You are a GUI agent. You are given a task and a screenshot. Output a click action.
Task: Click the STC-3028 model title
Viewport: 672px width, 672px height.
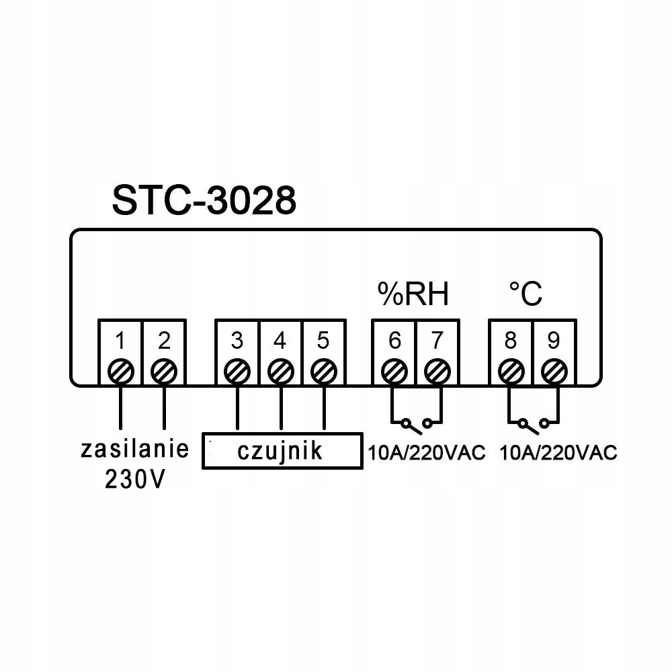204,200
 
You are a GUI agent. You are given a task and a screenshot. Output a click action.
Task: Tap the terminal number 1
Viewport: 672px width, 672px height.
120,341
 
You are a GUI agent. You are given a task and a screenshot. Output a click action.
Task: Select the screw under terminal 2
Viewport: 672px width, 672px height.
164,370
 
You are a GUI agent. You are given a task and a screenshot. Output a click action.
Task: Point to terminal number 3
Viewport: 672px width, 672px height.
237,341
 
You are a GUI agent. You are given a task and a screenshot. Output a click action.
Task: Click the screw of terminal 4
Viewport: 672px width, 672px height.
280,370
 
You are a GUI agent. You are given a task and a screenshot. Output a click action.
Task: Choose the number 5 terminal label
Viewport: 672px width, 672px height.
323,341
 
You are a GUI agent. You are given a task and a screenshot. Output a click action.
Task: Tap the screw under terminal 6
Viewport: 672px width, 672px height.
394,370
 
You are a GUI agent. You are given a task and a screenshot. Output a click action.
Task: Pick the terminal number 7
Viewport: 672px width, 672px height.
437,341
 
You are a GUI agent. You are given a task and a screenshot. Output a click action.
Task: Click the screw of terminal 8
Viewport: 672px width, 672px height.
511,370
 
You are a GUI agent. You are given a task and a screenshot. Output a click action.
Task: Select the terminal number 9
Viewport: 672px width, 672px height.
554,341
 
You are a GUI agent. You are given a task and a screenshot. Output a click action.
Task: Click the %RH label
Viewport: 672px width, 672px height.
412,294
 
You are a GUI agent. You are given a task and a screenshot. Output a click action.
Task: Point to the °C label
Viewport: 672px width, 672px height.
525,294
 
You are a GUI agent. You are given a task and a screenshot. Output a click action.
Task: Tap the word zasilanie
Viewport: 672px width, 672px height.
135,450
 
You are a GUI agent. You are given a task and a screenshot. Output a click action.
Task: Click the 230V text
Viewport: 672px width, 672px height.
134,478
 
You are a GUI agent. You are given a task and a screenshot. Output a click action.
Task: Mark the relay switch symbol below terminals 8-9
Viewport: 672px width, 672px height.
532,423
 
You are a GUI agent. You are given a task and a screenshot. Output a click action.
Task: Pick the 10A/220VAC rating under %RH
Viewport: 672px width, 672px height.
426,452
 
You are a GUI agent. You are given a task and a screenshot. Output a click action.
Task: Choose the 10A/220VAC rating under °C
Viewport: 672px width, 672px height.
558,452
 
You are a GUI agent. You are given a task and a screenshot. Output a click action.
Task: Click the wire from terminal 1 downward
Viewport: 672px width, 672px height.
120,407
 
